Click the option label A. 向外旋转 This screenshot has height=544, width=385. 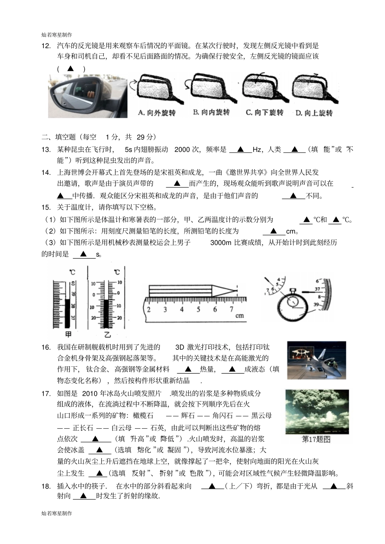(156, 113)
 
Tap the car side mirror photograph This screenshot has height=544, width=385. (88, 96)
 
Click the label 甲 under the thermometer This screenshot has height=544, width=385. (68, 334)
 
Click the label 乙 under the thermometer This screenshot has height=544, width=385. (107, 335)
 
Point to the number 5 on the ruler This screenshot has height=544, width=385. (198, 310)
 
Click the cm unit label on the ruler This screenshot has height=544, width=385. (240, 315)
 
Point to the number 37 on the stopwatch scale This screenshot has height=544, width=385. (318, 289)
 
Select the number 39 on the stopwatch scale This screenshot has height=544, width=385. (317, 304)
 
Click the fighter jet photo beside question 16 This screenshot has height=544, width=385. (317, 360)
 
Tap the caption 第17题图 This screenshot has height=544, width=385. (316, 439)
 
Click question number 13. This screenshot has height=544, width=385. (46, 149)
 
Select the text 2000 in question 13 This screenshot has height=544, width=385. (182, 149)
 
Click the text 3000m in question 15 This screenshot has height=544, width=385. (221, 242)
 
